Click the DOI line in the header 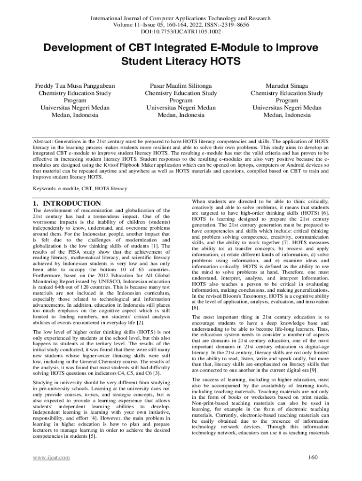pyautogui.click(x=181, y=32)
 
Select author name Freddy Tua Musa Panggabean pyautogui.click(x=75, y=86)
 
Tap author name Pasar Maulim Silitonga pyautogui.click(x=181, y=86)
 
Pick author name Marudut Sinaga pyautogui.click(x=287, y=86)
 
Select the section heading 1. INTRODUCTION pyautogui.click(x=66, y=203)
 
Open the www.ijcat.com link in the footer pyautogui.click(x=51, y=458)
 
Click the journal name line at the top pyautogui.click(x=181, y=18)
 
